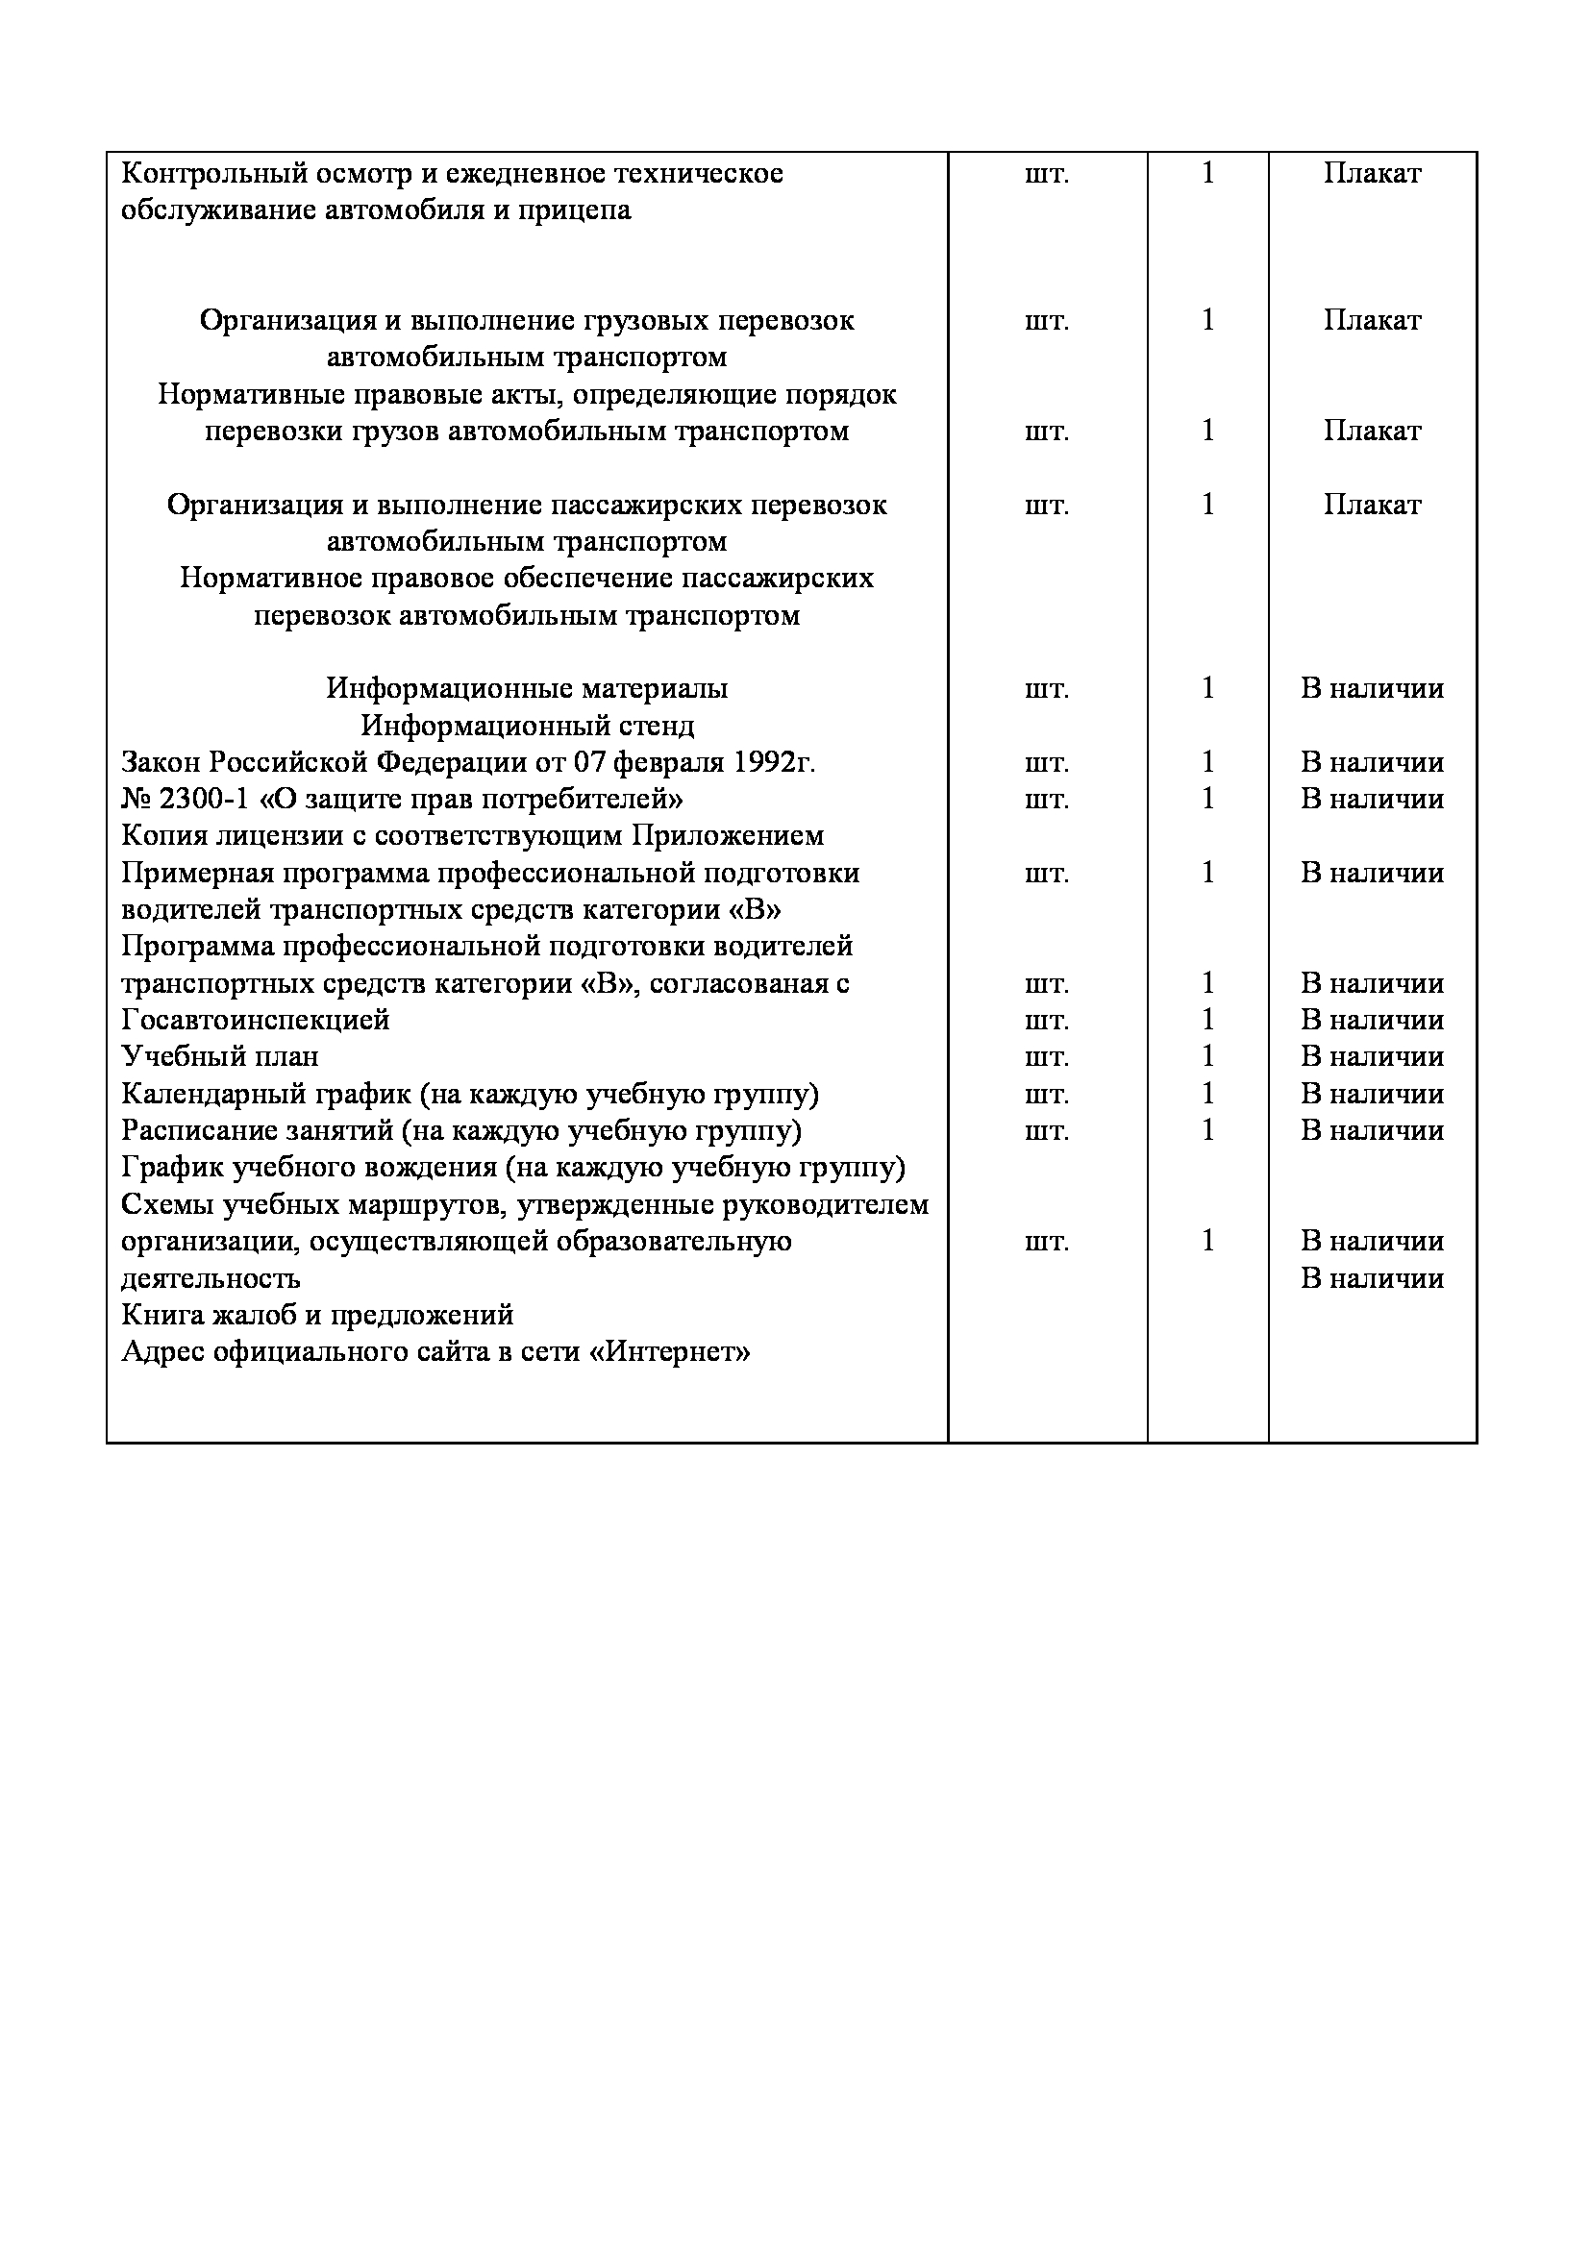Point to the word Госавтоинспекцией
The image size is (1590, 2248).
click(256, 1021)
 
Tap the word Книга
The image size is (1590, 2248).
click(157, 1315)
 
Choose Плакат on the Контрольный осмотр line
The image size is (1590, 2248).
click(1372, 174)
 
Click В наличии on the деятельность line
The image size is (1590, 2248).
click(1372, 1278)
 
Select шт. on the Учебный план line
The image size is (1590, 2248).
click(1047, 1057)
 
